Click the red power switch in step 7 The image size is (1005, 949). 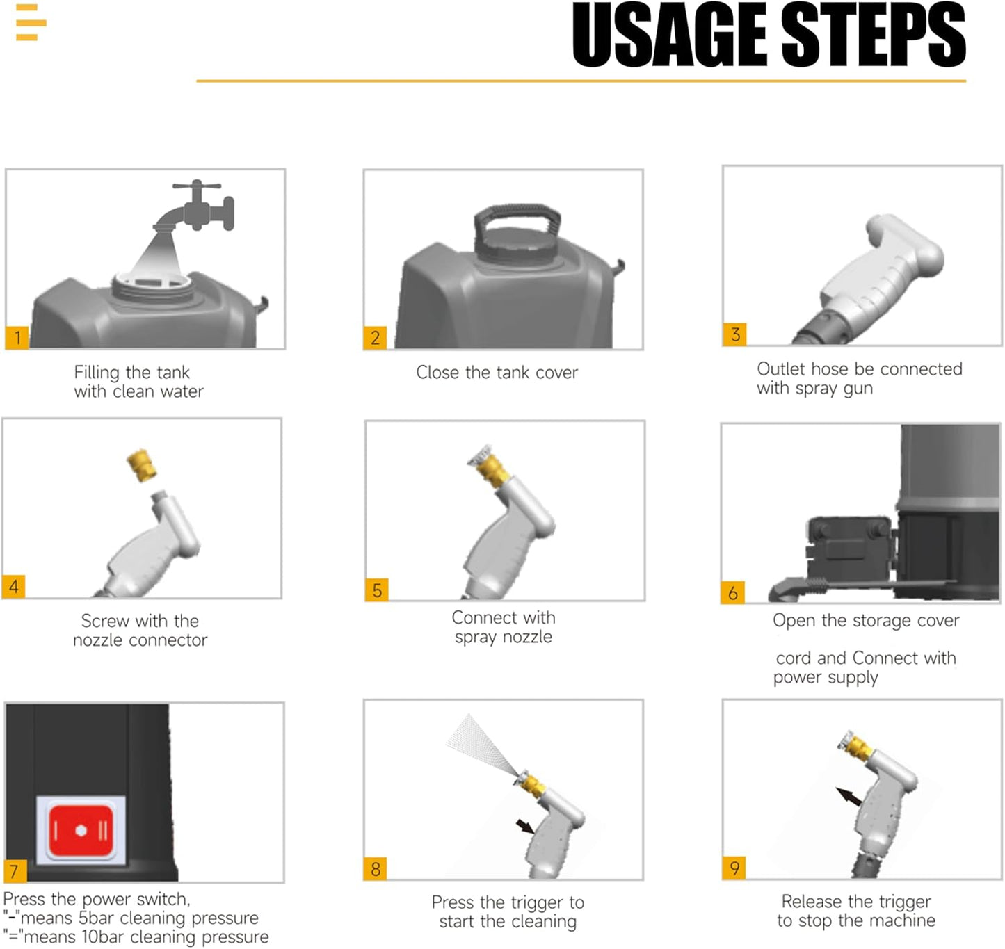pos(81,831)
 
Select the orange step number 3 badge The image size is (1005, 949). pos(734,334)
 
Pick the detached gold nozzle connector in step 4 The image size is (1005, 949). pos(142,465)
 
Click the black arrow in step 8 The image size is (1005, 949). pos(525,827)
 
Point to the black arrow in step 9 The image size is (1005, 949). pos(849,797)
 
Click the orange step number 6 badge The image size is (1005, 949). pos(733,592)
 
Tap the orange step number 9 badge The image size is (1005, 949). pos(734,868)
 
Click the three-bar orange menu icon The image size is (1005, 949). pos(31,22)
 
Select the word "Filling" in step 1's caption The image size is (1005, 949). pos(97,372)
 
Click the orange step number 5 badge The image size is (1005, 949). pos(377,590)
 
